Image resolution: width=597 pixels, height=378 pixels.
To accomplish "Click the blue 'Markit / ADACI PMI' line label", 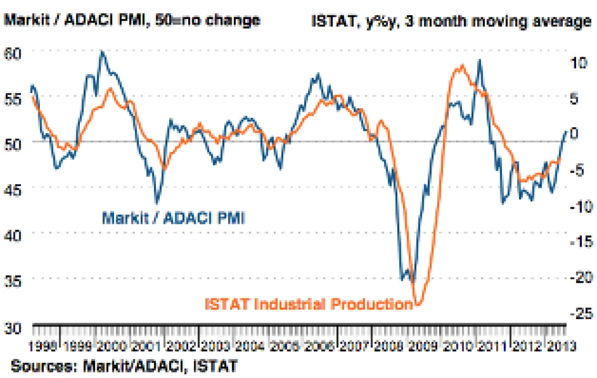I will point(173,217).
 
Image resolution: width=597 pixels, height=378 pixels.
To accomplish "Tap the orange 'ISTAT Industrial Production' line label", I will point(308,304).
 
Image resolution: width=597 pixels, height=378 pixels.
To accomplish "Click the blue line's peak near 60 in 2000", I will point(101,52).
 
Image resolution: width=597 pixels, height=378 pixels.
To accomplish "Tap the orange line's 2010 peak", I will point(462,65).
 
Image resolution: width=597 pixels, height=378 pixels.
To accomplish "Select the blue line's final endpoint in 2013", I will point(566,131).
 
